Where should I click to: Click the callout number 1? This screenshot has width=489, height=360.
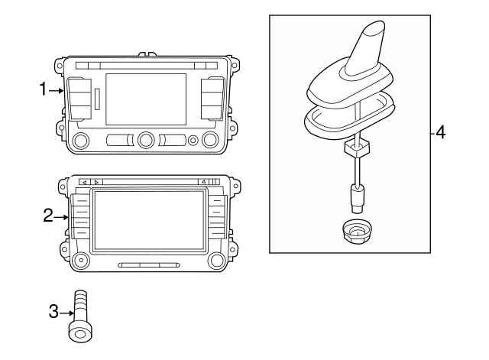[43, 90]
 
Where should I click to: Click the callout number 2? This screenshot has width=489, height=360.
[48, 216]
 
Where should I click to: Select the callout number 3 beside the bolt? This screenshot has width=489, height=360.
[53, 311]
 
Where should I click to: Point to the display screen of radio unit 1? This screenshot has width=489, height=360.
[146, 99]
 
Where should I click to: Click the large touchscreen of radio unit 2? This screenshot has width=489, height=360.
[147, 222]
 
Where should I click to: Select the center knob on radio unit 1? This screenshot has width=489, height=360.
[146, 140]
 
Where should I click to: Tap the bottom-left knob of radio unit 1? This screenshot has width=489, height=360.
[82, 140]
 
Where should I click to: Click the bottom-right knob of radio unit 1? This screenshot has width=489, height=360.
[211, 140]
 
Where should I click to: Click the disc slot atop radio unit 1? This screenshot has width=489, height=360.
[145, 65]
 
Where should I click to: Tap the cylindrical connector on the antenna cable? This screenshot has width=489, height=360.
[356, 198]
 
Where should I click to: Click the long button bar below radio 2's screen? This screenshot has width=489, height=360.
[149, 265]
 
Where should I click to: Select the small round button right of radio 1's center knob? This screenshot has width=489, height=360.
[193, 141]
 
